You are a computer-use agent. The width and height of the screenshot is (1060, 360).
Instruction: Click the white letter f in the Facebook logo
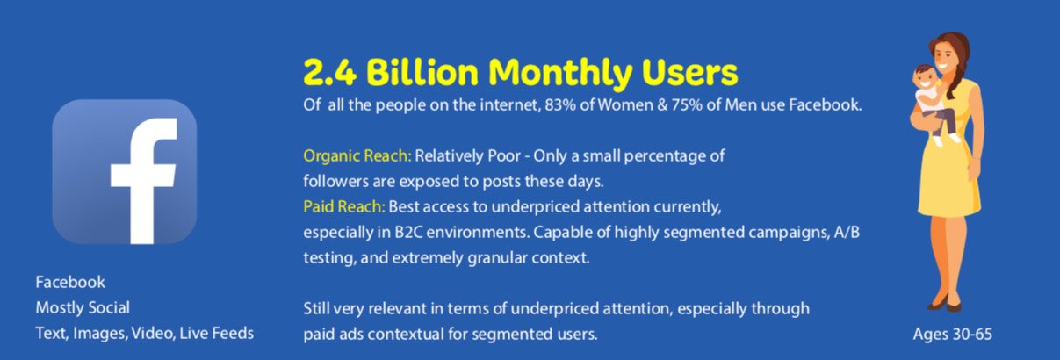pos(142,180)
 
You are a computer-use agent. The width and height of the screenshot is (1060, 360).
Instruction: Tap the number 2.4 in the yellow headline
pos(329,72)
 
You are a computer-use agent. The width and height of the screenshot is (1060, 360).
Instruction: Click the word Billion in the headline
pos(422,72)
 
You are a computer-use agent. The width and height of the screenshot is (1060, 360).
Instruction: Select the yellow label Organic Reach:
pos(357,156)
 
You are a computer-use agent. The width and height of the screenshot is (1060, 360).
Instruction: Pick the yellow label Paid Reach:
pos(344,206)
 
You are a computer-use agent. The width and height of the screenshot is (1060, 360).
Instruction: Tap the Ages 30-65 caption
pos(953,334)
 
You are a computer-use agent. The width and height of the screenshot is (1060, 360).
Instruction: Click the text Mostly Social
pos(83,307)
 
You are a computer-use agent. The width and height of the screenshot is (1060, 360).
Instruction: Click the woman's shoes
pos(944,305)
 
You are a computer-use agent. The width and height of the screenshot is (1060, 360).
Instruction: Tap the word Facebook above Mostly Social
pos(70,282)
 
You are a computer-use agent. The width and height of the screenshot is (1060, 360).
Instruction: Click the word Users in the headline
pos(689,72)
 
